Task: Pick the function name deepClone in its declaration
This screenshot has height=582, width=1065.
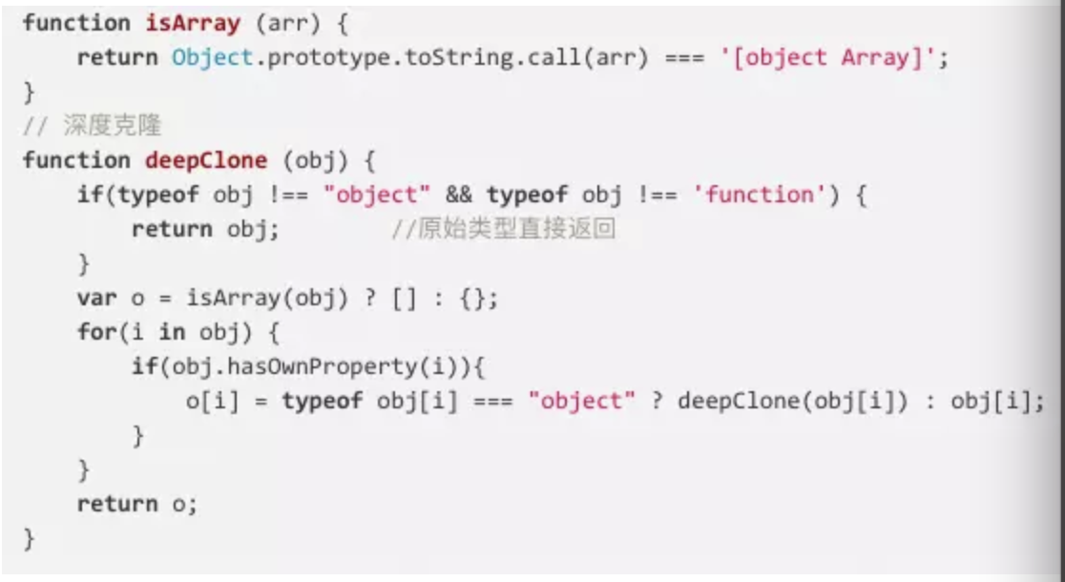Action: tap(206, 159)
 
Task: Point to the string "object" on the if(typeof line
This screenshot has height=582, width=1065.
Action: tap(377, 195)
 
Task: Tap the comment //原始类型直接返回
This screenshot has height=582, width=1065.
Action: tap(504, 230)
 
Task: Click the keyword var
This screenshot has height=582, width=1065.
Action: tap(96, 298)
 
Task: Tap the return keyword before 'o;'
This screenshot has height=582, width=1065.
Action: tap(116, 504)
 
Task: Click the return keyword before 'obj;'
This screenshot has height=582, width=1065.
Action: tap(172, 230)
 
